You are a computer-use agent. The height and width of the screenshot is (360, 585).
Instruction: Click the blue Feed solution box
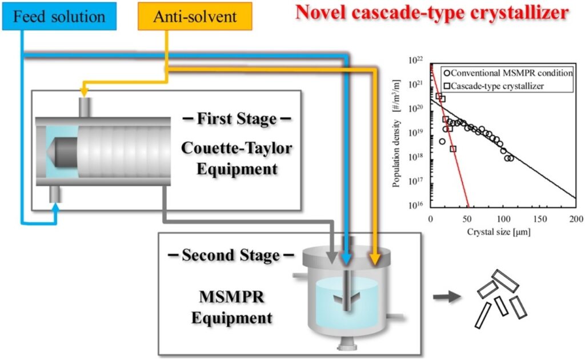[59, 16]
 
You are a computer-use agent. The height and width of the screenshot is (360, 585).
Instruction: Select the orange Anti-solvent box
[195, 16]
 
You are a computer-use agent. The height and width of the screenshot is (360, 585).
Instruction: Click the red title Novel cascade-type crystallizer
[432, 13]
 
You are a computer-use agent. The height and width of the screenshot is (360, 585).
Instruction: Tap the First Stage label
[237, 119]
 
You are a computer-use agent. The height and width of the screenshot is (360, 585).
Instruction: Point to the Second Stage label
[231, 255]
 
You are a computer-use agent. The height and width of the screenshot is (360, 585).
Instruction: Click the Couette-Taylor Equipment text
[237, 158]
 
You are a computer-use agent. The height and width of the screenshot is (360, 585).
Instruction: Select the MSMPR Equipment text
[232, 307]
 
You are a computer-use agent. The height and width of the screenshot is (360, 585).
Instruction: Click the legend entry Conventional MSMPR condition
[508, 73]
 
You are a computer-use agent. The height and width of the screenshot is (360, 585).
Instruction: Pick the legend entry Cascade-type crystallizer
[494, 86]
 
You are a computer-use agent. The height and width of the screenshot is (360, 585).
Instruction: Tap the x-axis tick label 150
[540, 219]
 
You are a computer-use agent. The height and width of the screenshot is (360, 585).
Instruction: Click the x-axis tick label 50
[467, 219]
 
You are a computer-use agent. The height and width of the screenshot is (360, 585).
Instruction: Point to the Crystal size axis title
[498, 232]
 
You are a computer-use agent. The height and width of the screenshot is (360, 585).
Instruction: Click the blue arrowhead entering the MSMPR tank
[347, 258]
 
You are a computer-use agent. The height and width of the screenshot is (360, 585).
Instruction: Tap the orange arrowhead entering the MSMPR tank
[375, 258]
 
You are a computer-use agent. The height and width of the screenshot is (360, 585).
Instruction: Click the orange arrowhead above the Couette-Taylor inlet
[85, 91]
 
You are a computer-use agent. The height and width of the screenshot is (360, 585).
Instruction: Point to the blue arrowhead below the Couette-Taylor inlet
[55, 208]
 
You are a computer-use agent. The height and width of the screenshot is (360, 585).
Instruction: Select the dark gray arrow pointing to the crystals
[447, 297]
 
